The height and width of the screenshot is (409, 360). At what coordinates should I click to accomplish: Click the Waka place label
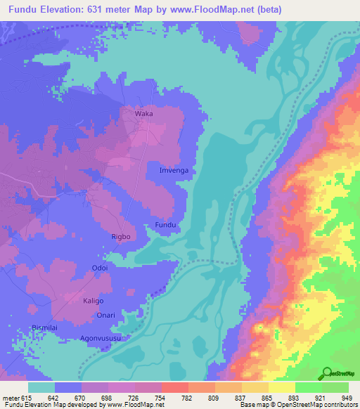(144, 112)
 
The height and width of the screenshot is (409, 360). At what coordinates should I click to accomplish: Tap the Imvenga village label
(174, 171)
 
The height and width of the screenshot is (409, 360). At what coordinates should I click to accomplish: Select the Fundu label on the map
(164, 225)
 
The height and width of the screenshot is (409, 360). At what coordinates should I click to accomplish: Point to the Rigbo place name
(121, 237)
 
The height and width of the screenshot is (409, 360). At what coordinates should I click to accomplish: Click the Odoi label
(100, 268)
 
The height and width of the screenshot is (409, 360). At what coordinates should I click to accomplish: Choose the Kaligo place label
(94, 301)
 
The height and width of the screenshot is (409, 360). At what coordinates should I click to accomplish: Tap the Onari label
(106, 316)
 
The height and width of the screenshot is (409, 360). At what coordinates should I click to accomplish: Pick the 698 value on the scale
(108, 398)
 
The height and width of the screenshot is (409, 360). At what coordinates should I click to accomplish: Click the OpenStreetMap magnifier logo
(328, 374)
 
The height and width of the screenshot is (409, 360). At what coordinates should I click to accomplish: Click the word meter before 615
(11, 398)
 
